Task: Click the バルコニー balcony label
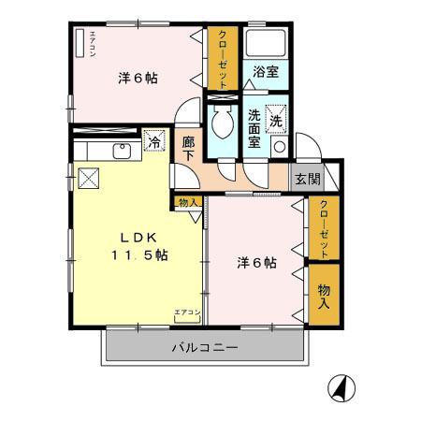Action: pyautogui.click(x=205, y=348)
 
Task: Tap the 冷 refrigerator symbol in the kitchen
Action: pyautogui.click(x=155, y=143)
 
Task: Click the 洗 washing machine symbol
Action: pyautogui.click(x=278, y=119)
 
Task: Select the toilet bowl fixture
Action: pyautogui.click(x=222, y=121)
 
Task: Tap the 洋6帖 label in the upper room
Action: pyautogui.click(x=138, y=79)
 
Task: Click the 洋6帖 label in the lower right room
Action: pyautogui.click(x=256, y=264)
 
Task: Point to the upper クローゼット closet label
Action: pyautogui.click(x=223, y=57)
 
